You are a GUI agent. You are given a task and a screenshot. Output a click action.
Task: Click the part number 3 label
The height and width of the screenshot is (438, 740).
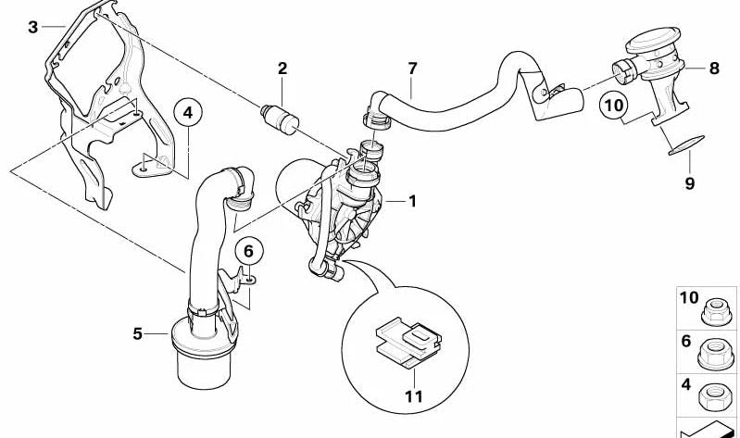pyautogui.click(x=32, y=27)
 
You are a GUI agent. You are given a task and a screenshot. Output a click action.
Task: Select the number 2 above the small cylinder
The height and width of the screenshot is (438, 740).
pyautogui.click(x=282, y=69)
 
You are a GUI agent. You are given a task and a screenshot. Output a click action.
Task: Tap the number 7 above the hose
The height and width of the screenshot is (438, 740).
pyautogui.click(x=412, y=69)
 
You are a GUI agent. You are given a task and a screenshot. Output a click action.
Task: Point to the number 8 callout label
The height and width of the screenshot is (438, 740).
pyautogui.click(x=714, y=69)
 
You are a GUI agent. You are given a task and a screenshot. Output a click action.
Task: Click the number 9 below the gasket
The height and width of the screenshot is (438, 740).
pyautogui.click(x=689, y=183)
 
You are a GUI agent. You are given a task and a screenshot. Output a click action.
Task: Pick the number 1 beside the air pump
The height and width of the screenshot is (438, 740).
pyautogui.click(x=412, y=202)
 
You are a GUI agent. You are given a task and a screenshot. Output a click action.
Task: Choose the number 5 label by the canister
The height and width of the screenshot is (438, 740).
pyautogui.click(x=137, y=334)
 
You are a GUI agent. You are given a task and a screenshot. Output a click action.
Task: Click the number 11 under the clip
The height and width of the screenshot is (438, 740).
pyautogui.click(x=414, y=396)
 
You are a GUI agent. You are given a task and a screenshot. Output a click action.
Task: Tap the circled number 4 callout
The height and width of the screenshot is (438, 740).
pyautogui.click(x=188, y=113)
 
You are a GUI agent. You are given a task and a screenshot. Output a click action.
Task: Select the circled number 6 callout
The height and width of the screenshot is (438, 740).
pyautogui.click(x=249, y=252)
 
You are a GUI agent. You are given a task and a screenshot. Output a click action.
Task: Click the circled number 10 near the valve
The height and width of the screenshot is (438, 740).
pyautogui.click(x=614, y=105)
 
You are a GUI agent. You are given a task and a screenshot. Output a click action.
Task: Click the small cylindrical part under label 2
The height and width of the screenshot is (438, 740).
pyautogui.click(x=280, y=118)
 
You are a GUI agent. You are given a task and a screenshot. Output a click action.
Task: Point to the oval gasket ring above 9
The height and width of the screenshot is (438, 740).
pyautogui.click(x=686, y=145)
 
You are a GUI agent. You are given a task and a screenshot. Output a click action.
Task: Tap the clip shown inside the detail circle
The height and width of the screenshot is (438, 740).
pyautogui.click(x=408, y=342)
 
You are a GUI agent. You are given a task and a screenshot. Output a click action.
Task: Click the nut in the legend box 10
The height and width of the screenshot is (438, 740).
pyautogui.click(x=716, y=312)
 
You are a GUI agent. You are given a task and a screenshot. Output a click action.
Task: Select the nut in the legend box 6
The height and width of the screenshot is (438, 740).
pyautogui.click(x=716, y=354)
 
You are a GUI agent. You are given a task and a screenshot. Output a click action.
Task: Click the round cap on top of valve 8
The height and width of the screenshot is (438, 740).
pyautogui.click(x=654, y=39)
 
